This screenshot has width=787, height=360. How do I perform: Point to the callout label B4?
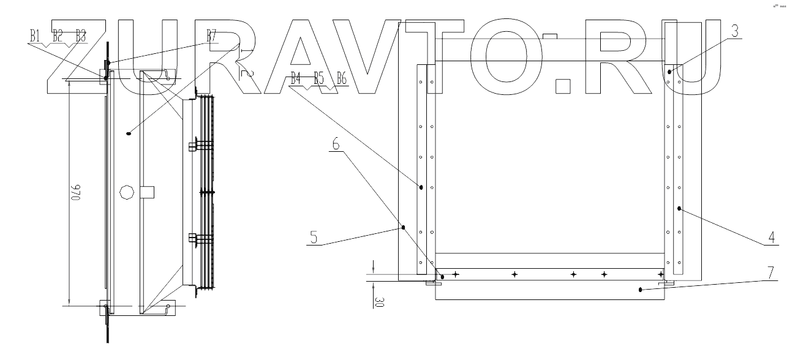(296, 78)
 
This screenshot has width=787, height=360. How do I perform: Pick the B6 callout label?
(342, 78)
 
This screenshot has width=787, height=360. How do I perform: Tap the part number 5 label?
(314, 236)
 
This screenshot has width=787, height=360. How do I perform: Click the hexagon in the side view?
(127, 192)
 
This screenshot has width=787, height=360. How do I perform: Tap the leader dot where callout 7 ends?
(640, 290)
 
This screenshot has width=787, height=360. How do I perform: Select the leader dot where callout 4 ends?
(679, 209)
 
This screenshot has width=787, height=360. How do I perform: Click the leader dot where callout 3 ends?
(670, 72)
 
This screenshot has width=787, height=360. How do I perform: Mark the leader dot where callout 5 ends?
(404, 227)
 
